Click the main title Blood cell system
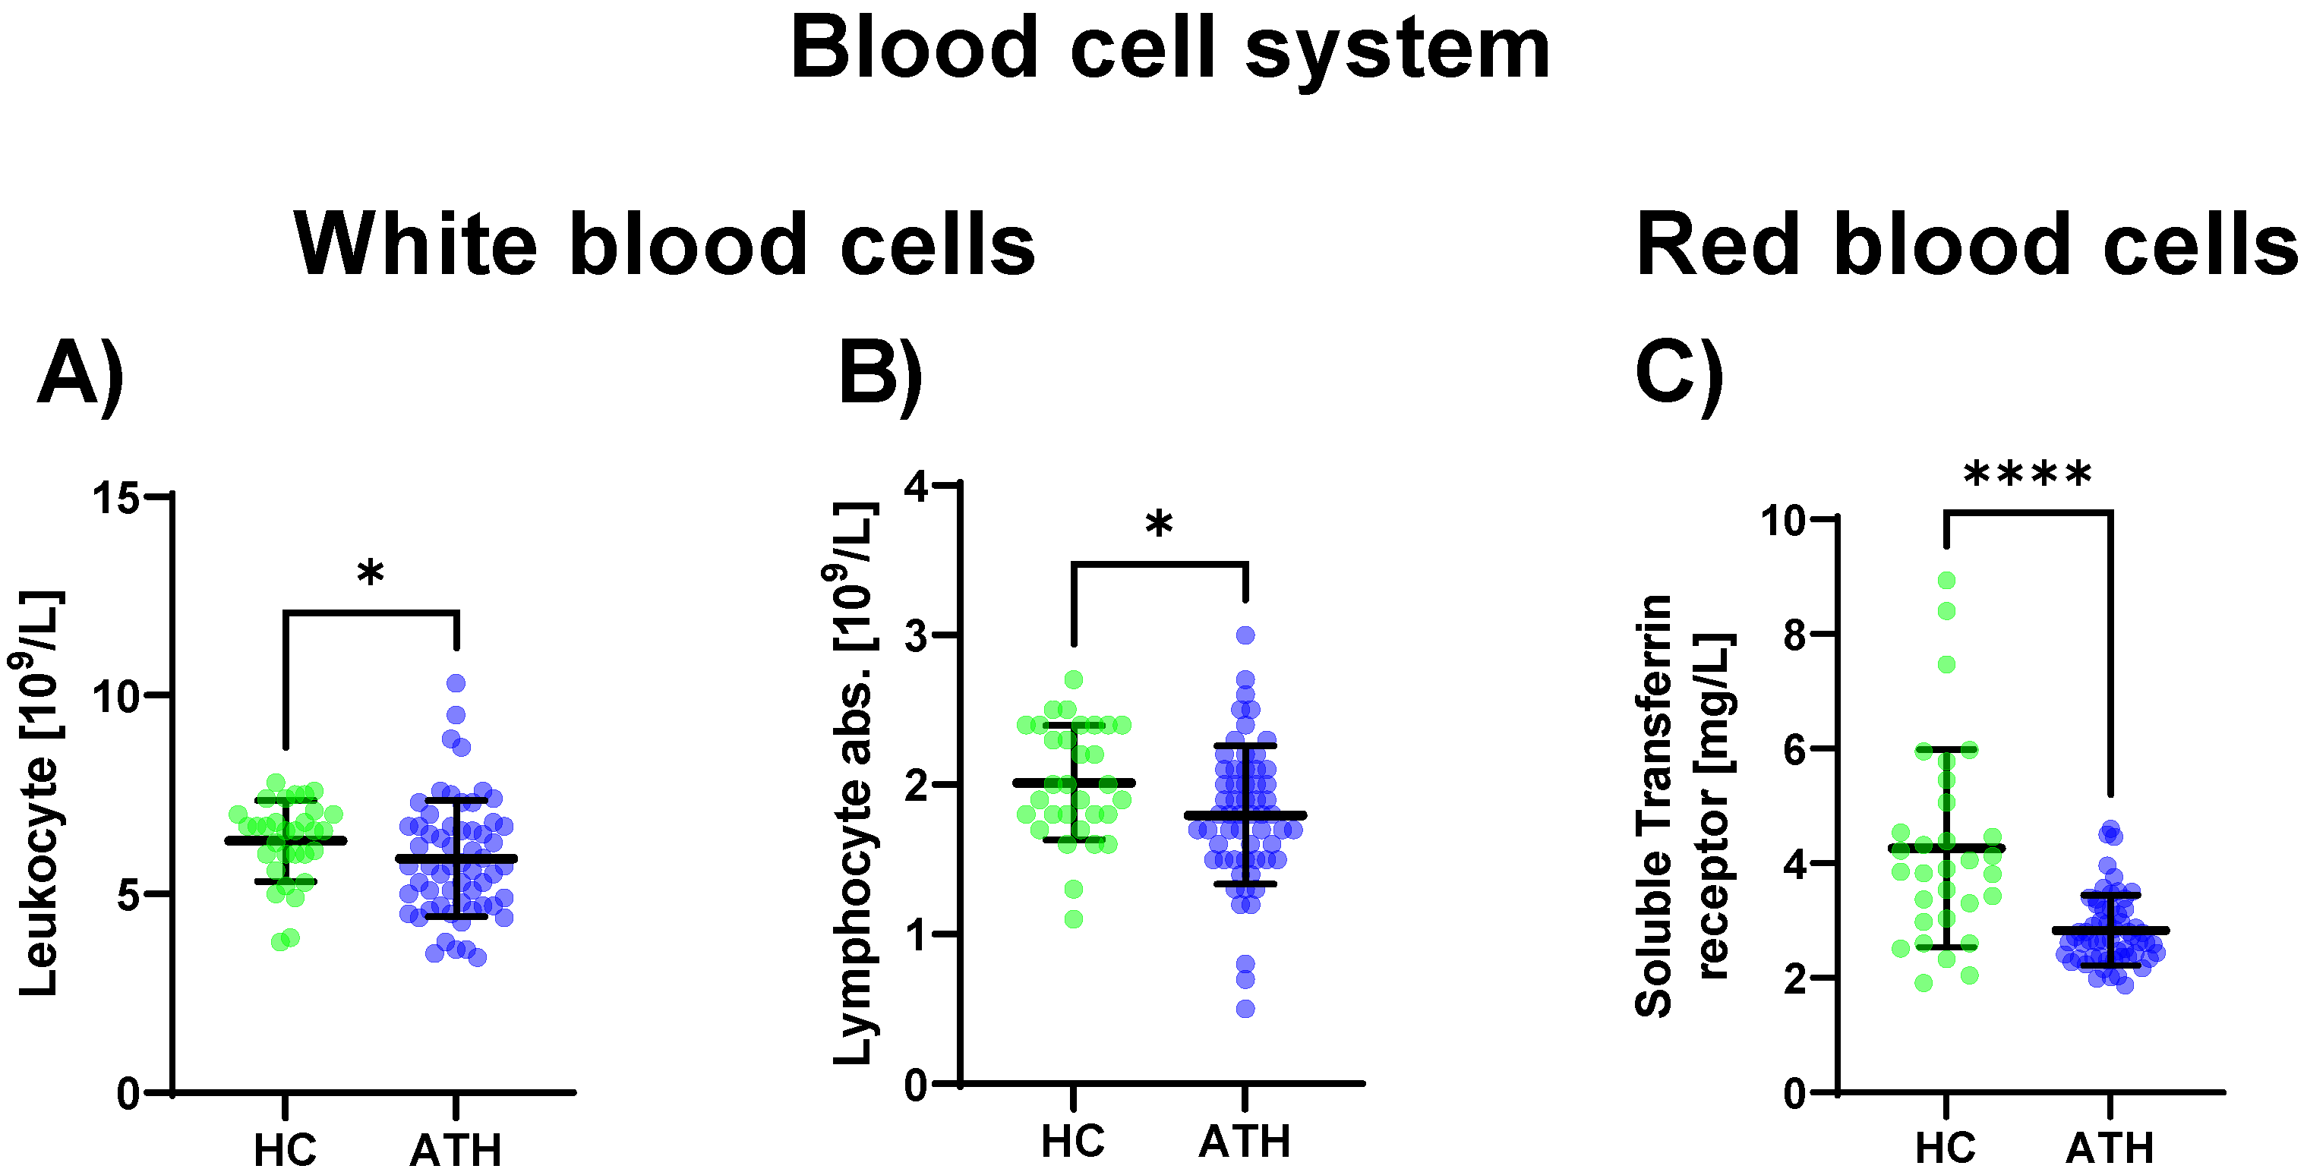click(1169, 49)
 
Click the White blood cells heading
click(664, 245)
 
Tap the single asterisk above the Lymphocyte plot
click(1159, 525)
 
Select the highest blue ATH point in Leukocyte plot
click(456, 683)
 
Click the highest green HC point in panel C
click(1946, 580)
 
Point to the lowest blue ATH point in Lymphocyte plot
click(1245, 1009)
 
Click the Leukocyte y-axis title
click(38, 792)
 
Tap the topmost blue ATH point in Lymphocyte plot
click(1245, 635)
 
